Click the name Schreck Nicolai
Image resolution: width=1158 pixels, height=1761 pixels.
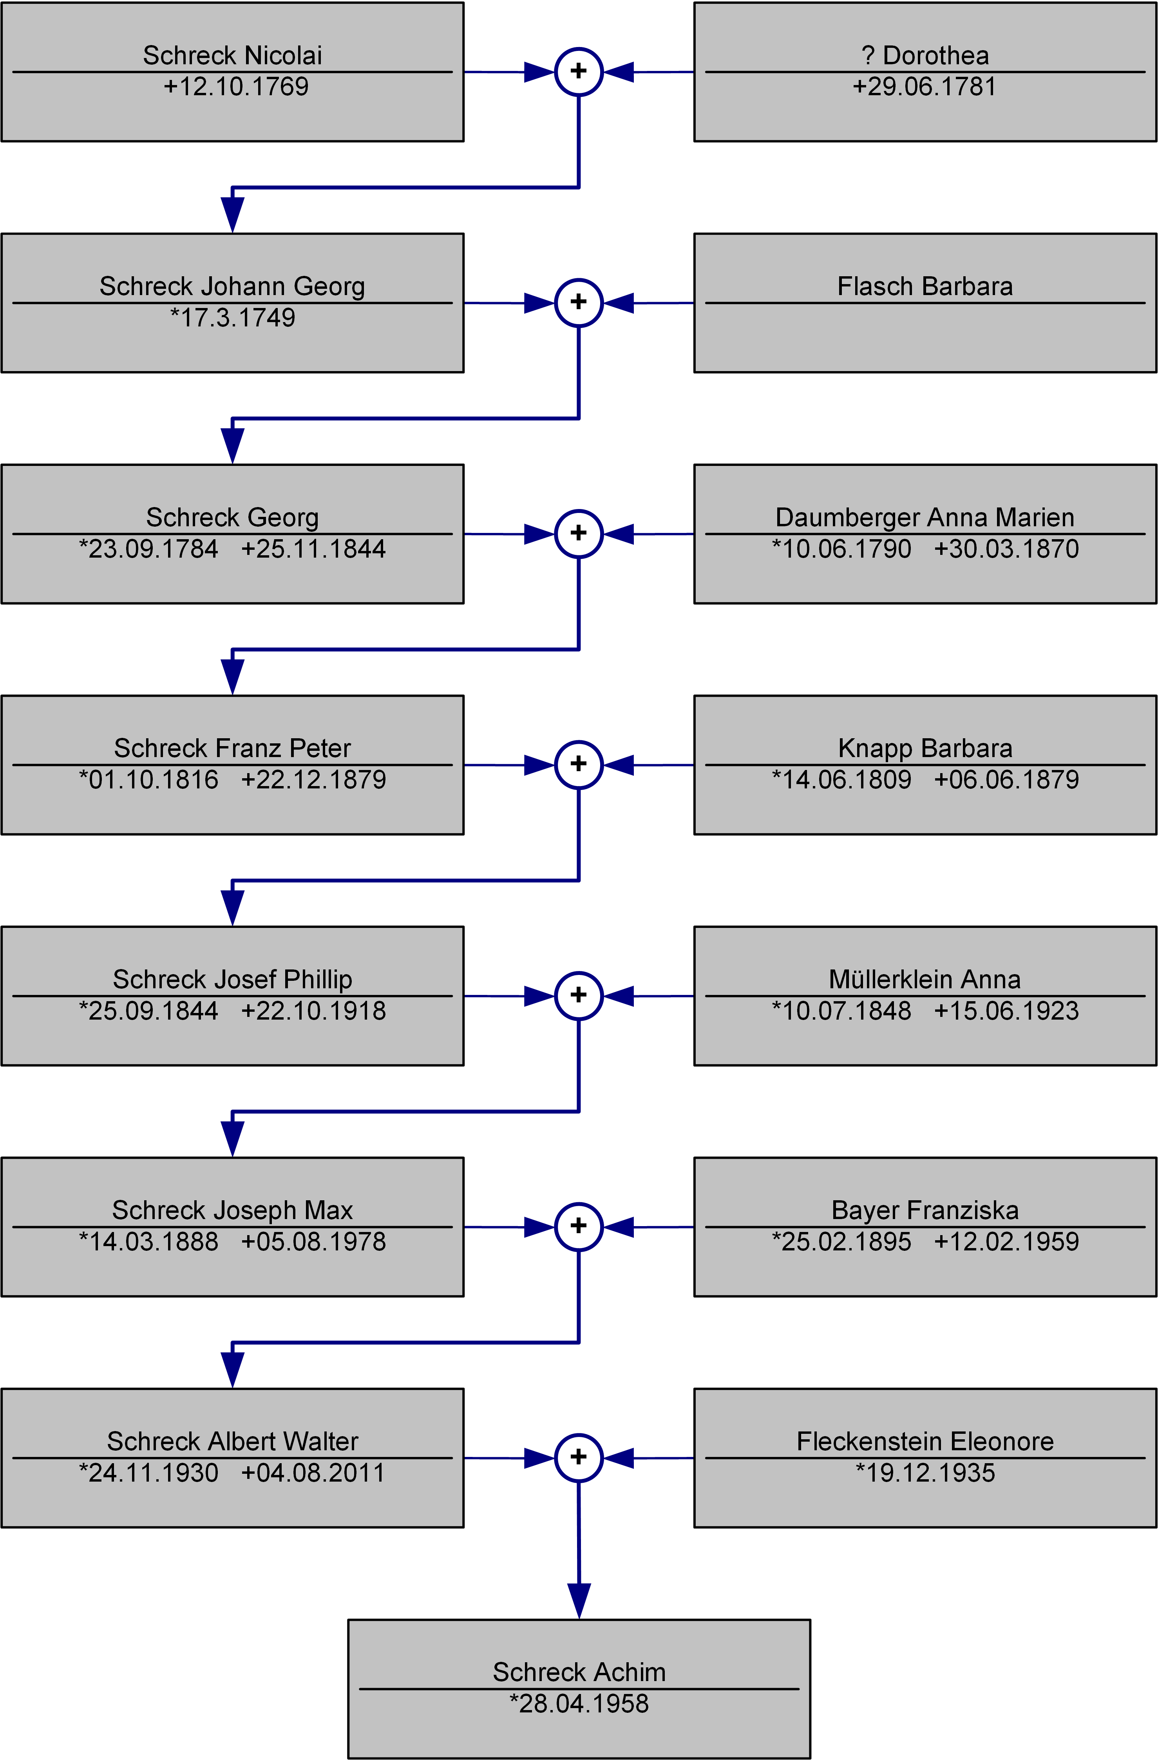232,56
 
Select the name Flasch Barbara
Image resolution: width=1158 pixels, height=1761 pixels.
925,286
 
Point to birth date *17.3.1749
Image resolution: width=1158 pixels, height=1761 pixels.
232,317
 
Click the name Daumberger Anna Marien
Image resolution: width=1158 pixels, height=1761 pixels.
925,517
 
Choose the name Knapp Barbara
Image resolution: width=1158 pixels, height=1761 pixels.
925,748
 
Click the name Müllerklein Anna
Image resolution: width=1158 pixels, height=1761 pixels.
925,979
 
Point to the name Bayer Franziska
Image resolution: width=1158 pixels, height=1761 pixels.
925,1210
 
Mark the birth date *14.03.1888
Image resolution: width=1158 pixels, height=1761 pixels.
149,1241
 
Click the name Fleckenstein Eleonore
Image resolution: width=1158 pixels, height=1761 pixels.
925,1440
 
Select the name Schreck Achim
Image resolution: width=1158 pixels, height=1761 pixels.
579,1672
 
